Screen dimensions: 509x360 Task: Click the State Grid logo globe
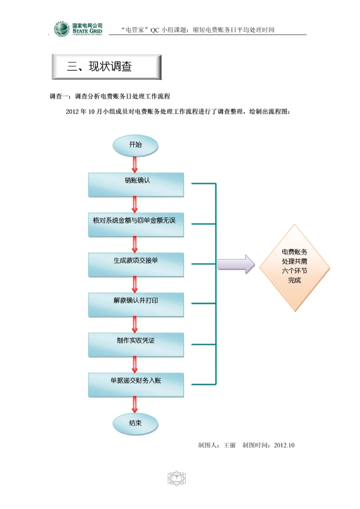62,29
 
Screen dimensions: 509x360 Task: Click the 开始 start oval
135,145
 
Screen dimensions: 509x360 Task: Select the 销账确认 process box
136,184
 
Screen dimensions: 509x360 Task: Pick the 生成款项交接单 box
136,264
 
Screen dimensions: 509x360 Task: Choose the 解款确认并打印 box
136,304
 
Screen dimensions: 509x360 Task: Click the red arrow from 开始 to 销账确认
134,164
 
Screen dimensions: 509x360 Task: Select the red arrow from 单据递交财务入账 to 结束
134,404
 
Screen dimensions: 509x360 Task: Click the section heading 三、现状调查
106,67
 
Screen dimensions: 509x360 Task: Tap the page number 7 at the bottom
176,478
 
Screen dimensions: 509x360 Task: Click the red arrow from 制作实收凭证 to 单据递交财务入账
134,364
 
